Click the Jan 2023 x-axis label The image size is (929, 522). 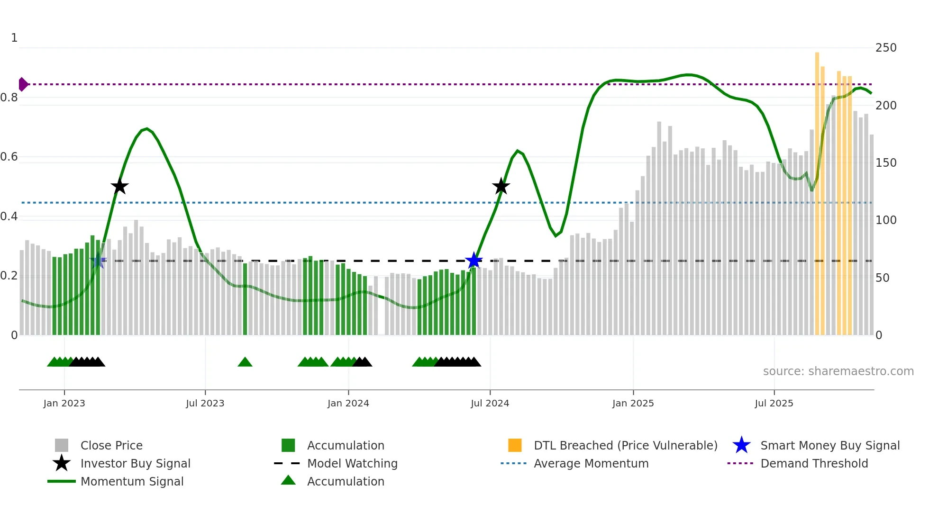64,403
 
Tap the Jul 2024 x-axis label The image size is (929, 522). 490,403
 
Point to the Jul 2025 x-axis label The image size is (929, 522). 774,403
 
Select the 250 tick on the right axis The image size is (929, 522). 885,48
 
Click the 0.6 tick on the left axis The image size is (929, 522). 9,157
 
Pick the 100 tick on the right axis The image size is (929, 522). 885,220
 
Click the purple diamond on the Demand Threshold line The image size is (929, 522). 23,84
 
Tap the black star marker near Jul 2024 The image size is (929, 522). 501,186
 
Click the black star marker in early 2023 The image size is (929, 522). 119,186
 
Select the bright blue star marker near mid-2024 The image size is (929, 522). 474,261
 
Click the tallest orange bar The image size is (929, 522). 817,189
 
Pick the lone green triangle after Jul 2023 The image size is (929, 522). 245,362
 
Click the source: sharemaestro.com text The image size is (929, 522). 838,371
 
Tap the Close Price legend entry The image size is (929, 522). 111,445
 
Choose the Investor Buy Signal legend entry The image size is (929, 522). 135,463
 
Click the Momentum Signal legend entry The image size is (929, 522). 132,481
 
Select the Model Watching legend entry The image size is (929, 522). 352,463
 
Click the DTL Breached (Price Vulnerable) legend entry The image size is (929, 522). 625,445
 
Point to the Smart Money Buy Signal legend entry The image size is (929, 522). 829,445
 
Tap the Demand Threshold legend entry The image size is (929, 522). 814,463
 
